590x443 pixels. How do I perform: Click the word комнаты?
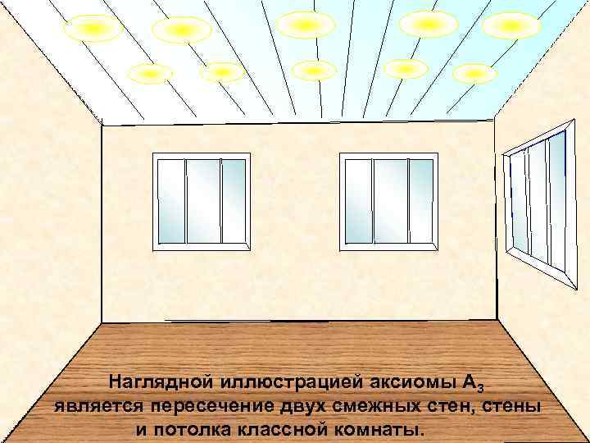coord(383,429)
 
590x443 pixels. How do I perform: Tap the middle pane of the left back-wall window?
coord(203,201)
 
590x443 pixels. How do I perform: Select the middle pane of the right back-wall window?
coord(390,201)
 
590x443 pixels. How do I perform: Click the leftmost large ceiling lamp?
coord(93,29)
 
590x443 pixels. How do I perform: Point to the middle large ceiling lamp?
coord(306,25)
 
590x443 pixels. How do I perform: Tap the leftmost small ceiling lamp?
coord(151,74)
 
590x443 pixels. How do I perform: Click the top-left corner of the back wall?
coord(102,125)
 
